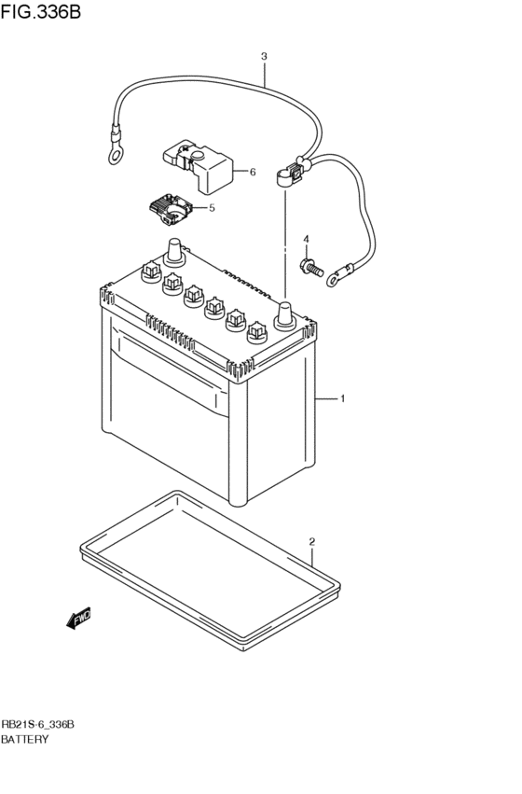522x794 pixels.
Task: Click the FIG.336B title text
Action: (40, 11)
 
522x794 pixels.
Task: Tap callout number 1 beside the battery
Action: (342, 398)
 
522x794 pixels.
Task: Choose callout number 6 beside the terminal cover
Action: (253, 173)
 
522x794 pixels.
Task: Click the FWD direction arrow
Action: (78, 618)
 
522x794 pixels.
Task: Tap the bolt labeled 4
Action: (311, 267)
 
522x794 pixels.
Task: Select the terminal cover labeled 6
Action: (198, 167)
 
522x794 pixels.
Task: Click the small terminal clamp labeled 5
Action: (171, 210)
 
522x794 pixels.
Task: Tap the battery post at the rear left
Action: (174, 251)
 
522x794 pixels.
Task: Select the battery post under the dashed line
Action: (285, 315)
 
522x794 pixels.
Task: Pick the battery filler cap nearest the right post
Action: (257, 332)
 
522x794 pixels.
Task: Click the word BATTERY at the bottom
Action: (25, 739)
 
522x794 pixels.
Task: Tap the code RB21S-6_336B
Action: (37, 725)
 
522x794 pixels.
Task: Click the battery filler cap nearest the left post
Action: (151, 272)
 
